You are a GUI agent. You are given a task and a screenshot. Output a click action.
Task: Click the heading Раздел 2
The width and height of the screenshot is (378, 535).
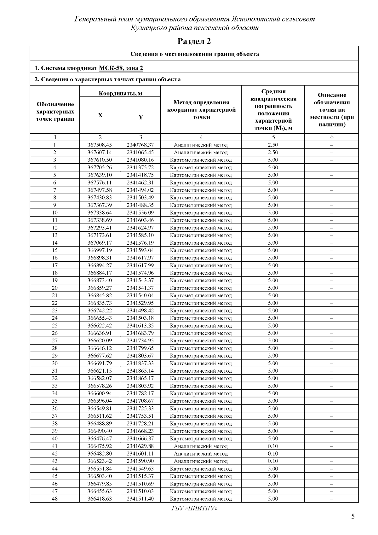194,41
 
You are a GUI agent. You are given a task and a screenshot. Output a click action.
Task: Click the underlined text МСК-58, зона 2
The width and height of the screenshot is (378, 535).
121,68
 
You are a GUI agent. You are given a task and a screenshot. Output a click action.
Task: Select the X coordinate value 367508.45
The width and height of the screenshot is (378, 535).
100,145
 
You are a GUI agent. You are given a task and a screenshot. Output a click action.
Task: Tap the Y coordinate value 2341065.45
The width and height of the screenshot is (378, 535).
140,153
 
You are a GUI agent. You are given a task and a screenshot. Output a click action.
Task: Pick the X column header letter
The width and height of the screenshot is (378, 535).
100,115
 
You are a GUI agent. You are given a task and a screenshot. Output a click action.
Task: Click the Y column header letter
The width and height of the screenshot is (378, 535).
140,117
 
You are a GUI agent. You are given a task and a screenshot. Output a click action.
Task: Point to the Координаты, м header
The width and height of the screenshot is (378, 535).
120,93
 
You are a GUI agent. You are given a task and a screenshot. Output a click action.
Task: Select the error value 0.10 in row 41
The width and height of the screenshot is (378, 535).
273,446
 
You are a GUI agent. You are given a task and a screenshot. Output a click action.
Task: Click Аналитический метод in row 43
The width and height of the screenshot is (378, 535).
201,461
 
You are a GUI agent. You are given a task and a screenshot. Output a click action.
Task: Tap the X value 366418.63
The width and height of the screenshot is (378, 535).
100,499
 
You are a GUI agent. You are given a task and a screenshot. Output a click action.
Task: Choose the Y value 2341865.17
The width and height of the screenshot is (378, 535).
140,378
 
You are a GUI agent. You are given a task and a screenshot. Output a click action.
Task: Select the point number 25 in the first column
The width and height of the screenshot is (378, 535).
55,326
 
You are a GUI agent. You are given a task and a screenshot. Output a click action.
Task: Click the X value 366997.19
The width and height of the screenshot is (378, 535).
100,250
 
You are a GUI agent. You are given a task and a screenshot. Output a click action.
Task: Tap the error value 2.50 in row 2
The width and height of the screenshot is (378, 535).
273,153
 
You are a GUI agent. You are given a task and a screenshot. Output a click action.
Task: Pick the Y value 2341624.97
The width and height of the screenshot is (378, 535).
140,228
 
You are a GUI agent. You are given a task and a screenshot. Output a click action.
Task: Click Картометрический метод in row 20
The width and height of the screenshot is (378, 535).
201,288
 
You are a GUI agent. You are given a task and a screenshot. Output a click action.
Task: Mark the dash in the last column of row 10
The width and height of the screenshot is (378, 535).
331,213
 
